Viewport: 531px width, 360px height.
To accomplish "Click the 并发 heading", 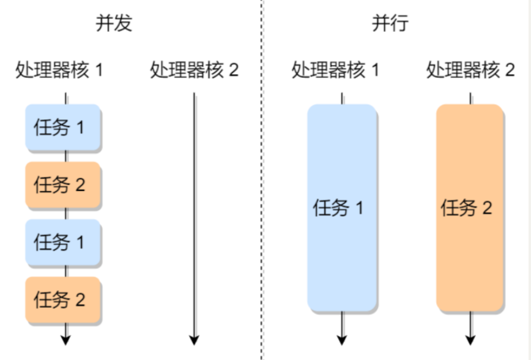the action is coord(114,23).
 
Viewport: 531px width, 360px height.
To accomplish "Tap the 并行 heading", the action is coord(390,23).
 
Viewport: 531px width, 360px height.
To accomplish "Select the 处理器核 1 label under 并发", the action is coord(59,70).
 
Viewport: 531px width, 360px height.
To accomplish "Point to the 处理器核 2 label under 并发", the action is coord(195,70).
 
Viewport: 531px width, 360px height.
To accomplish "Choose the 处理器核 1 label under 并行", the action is coord(335,70).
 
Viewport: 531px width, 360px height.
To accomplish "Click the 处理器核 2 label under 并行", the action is coord(470,70).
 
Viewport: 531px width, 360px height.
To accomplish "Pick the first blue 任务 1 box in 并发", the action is coord(63,127).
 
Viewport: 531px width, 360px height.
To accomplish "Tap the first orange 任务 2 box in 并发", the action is coord(63,185).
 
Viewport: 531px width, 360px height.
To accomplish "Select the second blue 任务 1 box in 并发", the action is coord(63,242).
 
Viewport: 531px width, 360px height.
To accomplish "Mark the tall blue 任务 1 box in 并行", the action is coord(342,208).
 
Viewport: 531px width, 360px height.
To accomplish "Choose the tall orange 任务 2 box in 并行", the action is coord(470,208).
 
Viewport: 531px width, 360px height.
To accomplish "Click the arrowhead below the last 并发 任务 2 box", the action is coord(65,340).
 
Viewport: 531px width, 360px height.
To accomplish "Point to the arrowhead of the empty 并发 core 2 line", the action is coord(194,340).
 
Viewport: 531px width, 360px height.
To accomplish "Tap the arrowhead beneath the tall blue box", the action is coord(342,340).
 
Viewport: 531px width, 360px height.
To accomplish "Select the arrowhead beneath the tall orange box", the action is coord(470,340).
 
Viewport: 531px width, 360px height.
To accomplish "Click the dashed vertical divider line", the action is coord(262,180).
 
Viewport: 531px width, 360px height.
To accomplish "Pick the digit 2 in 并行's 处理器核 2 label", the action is coord(510,70).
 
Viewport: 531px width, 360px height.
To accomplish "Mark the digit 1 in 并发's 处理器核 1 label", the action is coord(99,70).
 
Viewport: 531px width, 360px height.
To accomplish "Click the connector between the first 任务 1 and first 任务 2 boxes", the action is coord(65,156).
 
